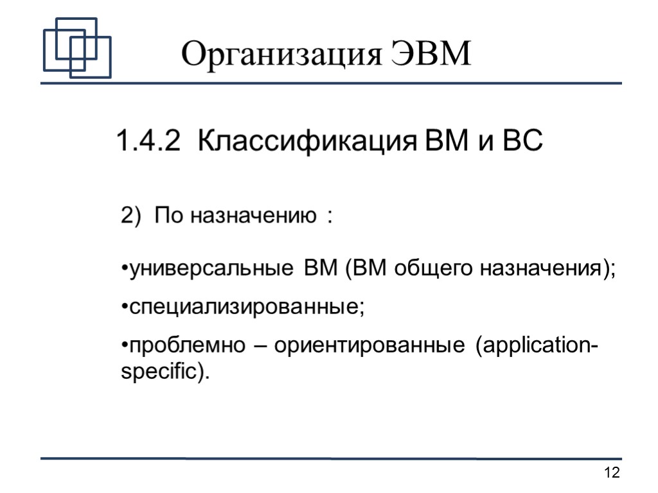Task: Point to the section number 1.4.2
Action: click(148, 141)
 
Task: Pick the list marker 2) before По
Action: click(130, 216)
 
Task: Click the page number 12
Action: click(612, 474)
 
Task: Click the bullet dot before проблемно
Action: click(125, 347)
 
